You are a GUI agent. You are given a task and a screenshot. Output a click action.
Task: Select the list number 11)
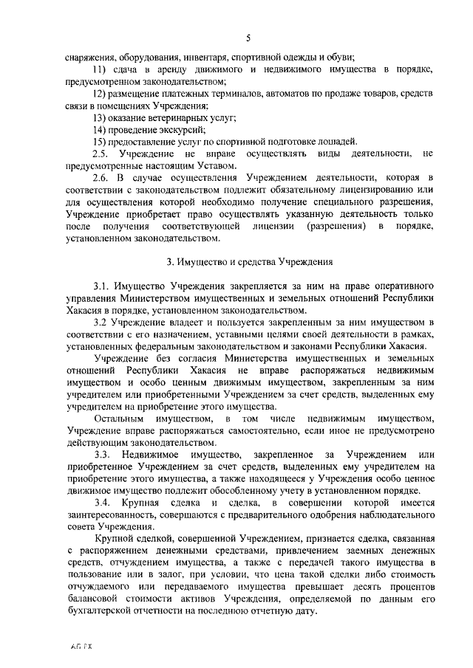point(101,69)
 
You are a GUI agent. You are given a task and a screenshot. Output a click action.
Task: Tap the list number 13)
point(101,117)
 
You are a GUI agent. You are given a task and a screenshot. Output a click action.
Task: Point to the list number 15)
point(101,142)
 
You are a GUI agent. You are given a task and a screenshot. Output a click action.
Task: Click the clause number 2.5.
point(101,154)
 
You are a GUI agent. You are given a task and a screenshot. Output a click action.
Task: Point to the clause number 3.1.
point(101,286)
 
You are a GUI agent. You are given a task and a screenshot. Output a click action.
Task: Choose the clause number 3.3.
point(101,454)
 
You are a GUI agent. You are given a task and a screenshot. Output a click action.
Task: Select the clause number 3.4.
point(101,502)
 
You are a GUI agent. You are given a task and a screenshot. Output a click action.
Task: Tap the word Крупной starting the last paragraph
point(112,538)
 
